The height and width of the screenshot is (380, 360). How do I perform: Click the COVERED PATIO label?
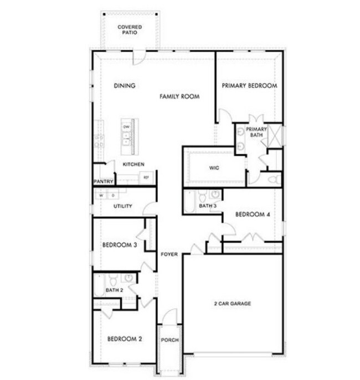[x=129, y=29]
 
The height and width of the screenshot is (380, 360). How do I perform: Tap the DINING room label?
[x=125, y=86]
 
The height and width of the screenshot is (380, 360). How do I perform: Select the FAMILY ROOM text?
[x=179, y=97]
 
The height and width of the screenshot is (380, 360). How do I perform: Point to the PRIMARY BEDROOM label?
[x=249, y=86]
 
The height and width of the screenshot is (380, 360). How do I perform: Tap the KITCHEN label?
[x=133, y=164]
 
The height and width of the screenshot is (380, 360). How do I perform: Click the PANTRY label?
[x=104, y=181]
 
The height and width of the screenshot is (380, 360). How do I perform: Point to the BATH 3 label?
[x=207, y=206]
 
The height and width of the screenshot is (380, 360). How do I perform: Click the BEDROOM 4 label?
[x=252, y=215]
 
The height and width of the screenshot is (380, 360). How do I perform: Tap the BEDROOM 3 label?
[x=120, y=245]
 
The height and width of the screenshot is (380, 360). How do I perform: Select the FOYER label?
[x=169, y=254]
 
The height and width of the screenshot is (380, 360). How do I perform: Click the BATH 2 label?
[x=114, y=290]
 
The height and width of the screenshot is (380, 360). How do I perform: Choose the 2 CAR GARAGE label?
[x=233, y=304]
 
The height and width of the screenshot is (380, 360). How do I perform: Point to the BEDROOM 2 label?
[x=125, y=339]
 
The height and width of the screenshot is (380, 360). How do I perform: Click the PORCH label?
[x=169, y=340]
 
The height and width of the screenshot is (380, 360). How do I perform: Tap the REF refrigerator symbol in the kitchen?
[x=147, y=178]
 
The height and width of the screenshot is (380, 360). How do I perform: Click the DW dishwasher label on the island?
[x=127, y=127]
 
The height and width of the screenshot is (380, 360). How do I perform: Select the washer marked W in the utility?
[x=101, y=195]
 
